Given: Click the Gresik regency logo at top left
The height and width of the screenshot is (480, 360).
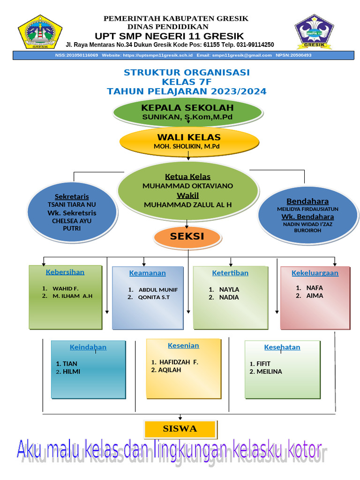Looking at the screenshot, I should (x=40, y=32).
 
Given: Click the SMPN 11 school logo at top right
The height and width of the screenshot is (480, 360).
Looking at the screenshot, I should (x=314, y=32).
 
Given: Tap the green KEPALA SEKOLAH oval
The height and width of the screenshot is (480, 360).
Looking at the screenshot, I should (x=187, y=112).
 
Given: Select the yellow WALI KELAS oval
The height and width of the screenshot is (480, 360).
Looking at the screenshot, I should (x=188, y=142).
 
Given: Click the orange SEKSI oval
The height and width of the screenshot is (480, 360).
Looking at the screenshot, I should (x=187, y=237).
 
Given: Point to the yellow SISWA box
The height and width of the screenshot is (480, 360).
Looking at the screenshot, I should (x=180, y=429).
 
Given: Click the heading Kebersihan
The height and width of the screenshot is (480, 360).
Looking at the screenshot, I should (x=65, y=272).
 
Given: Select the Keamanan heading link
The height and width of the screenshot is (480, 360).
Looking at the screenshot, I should (x=147, y=273).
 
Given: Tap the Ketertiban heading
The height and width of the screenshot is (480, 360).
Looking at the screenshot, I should (x=230, y=273).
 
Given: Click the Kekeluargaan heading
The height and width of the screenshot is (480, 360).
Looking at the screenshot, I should (x=315, y=273).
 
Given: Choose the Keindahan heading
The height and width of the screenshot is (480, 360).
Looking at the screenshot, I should (x=88, y=347).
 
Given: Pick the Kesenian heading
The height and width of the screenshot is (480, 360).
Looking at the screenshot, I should (x=183, y=345).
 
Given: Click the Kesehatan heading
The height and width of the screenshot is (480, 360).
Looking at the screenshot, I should (x=282, y=347).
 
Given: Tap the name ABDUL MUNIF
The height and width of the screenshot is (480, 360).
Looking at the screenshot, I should (x=158, y=290).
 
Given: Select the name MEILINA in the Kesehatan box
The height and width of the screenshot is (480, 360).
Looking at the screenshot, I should (x=269, y=372).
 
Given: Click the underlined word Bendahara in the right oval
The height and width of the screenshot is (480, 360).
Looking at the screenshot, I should (x=307, y=201).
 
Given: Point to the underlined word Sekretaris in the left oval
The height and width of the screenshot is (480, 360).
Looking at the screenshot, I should (x=72, y=196).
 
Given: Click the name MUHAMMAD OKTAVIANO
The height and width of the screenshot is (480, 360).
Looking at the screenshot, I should (x=187, y=186).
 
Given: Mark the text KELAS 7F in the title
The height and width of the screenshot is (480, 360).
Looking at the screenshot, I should (x=187, y=82).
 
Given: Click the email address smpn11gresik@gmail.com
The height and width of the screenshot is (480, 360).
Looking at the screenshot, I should (x=241, y=55).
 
